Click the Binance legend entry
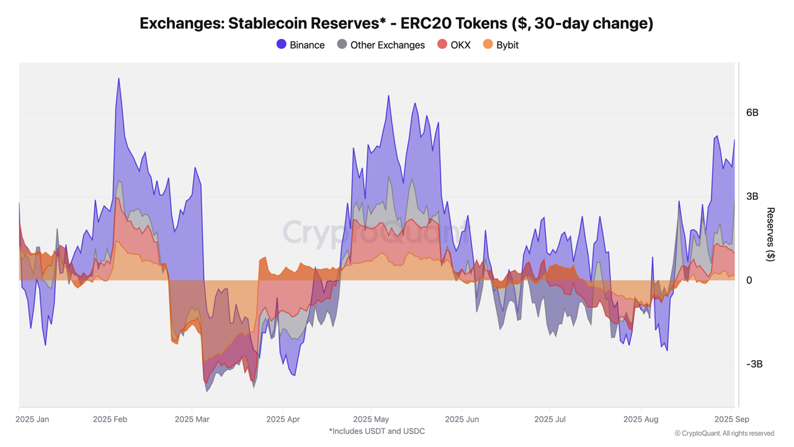[x=301, y=45]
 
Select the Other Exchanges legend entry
[x=381, y=45]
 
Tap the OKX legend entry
[x=454, y=45]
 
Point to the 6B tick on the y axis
[x=752, y=113]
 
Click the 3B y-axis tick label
[x=752, y=197]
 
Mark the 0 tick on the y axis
[x=749, y=281]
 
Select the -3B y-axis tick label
[x=754, y=364]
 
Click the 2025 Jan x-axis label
[x=32, y=420]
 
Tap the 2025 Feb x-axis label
[x=110, y=420]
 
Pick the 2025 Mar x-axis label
[x=192, y=420]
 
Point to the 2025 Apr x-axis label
[x=283, y=420]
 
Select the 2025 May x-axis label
[x=371, y=420]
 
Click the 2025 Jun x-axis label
[x=463, y=420]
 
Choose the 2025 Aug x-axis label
[x=641, y=420]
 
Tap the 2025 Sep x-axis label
[x=731, y=420]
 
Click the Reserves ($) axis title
[x=770, y=235]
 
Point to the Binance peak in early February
[x=118, y=79]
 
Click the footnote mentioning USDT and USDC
[x=377, y=431]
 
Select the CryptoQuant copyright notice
[x=724, y=433]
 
